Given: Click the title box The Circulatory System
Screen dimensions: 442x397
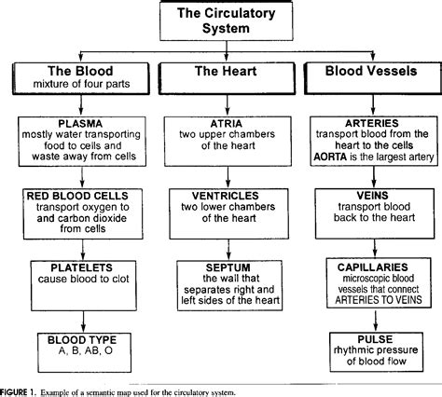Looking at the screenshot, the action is pos(227,21).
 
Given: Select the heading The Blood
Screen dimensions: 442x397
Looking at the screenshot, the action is pos(80,71).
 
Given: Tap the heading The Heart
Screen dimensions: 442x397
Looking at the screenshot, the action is pos(226,71).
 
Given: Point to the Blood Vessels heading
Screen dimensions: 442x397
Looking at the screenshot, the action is pos(371,71).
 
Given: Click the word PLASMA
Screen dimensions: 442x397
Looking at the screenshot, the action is pos(80,124).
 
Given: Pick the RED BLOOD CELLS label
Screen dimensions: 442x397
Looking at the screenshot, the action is pos(77,196).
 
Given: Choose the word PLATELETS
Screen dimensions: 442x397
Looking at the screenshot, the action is pos(82,267).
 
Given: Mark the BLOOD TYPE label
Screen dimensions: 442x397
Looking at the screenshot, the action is pos(82,340).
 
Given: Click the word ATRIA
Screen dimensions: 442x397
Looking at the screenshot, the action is pos(227,124).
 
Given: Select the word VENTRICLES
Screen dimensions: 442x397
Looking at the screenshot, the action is pos(226,196).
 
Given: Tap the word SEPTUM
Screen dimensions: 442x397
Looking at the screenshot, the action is pos(228,267).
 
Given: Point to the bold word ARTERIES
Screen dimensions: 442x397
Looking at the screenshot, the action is pos(372,123).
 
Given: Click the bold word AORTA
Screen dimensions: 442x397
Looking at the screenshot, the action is pos(330,157).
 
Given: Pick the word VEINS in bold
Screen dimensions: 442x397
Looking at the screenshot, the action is pos(372,196).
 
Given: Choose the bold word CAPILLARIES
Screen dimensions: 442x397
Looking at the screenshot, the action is pos(373,267).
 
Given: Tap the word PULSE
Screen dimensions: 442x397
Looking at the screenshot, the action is pos(375,339).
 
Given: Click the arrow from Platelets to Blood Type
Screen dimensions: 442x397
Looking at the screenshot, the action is pos(83,322).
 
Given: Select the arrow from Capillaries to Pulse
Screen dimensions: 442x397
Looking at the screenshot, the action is pos(376,321).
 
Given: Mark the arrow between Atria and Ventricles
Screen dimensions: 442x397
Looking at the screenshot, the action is pos(228,177).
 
